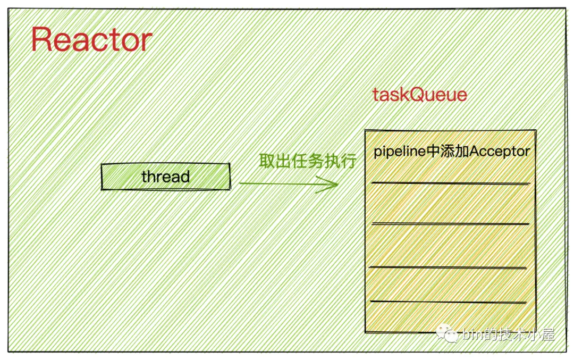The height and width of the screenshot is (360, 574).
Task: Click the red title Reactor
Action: [91, 39]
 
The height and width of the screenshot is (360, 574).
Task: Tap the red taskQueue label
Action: [419, 95]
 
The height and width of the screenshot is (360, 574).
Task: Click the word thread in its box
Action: [165, 177]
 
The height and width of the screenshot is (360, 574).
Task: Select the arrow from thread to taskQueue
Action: [289, 184]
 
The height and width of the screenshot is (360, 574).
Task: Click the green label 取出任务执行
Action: [308, 161]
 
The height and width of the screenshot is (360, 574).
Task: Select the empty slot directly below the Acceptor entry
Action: [451, 203]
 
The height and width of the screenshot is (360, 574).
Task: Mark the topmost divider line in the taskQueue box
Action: [451, 183]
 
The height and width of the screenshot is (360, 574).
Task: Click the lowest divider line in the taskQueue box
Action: [449, 302]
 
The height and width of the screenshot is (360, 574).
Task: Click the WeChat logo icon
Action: [447, 333]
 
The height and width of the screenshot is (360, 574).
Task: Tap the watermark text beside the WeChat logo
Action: [509, 334]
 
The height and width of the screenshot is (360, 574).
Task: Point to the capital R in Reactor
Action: [41, 39]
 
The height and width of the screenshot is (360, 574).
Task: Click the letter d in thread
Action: [185, 177]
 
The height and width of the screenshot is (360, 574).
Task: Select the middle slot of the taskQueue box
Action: [450, 245]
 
